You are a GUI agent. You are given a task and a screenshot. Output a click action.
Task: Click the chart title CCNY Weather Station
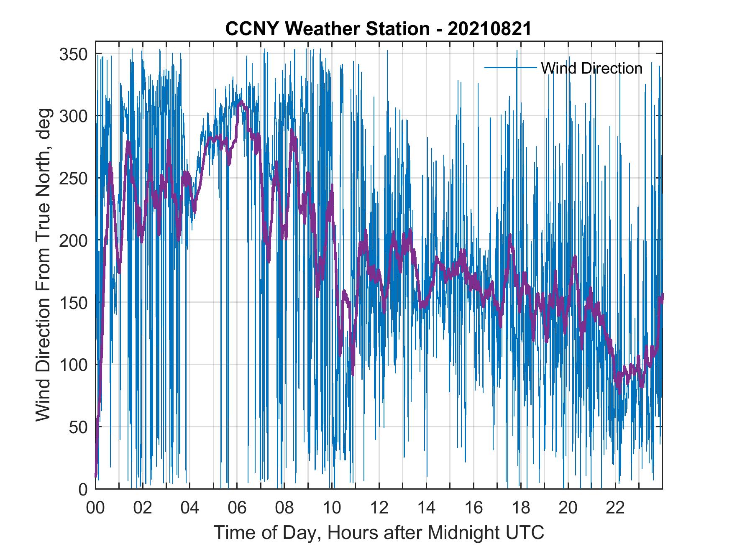point(328,29)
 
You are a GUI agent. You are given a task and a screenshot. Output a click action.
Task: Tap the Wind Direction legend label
point(591,68)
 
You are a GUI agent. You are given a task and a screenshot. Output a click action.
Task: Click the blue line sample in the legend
point(510,67)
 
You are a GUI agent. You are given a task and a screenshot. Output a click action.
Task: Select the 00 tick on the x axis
point(95,508)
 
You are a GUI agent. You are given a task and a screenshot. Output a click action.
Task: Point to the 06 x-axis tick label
point(237,508)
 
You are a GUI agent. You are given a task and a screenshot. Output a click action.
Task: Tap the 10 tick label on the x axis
point(332,508)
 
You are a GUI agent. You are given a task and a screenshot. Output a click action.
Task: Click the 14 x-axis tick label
point(426,508)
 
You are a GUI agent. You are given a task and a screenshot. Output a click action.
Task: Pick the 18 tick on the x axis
point(521,508)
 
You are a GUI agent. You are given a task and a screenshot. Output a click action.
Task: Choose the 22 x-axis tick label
point(615,508)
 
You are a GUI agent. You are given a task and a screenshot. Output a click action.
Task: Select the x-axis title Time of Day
point(379,533)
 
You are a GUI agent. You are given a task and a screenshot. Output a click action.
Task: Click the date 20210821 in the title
point(490,29)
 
